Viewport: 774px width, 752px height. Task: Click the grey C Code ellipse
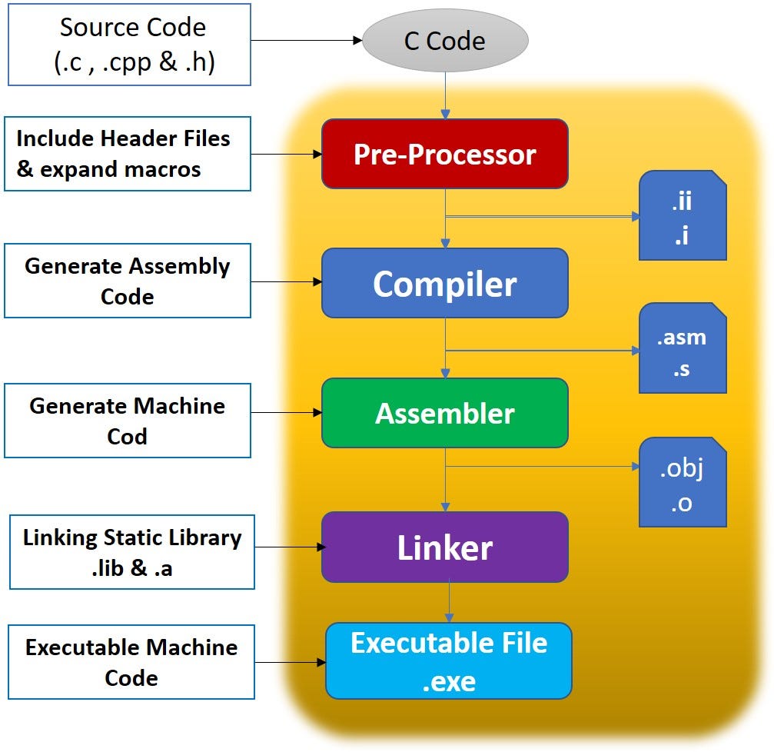(444, 40)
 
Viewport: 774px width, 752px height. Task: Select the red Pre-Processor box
(444, 154)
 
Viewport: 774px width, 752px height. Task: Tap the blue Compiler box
(444, 283)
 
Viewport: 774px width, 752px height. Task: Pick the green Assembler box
(444, 413)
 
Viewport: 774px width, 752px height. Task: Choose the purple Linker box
(444, 547)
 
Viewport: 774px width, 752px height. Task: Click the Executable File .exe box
(449, 660)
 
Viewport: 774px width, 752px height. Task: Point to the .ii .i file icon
(683, 215)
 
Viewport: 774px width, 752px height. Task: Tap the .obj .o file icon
(683, 482)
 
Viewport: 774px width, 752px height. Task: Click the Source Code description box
(129, 44)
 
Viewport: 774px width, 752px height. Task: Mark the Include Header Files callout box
(128, 154)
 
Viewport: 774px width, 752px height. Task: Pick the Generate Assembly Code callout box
(128, 281)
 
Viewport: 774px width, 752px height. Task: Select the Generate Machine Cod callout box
(128, 421)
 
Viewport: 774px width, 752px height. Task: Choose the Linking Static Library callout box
(131, 552)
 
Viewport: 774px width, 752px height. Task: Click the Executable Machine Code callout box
(131, 662)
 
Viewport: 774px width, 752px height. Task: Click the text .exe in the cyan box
(449, 680)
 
